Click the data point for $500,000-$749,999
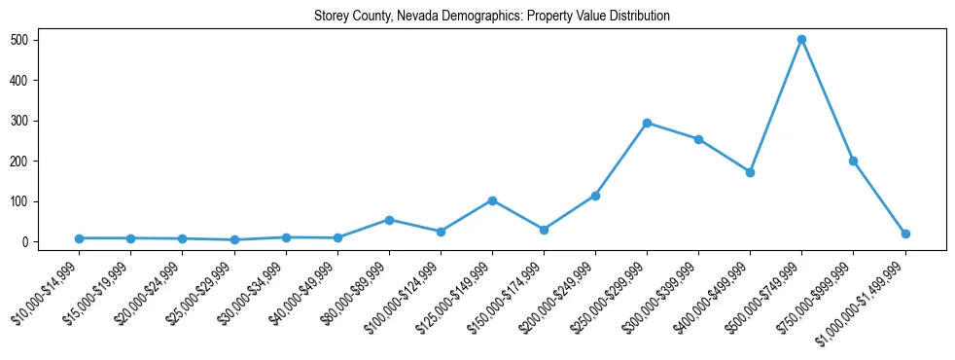pos(801,40)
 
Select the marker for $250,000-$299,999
pos(647,124)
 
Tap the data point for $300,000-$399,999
pos(698,139)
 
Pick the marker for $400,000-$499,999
pos(750,172)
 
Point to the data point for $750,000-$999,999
pos(853,161)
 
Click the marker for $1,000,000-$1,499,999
pos(905,234)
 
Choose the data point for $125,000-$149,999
pos(492,200)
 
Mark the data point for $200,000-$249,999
pos(595,196)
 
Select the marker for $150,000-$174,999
pos(544,230)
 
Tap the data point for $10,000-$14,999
pos(79,238)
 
